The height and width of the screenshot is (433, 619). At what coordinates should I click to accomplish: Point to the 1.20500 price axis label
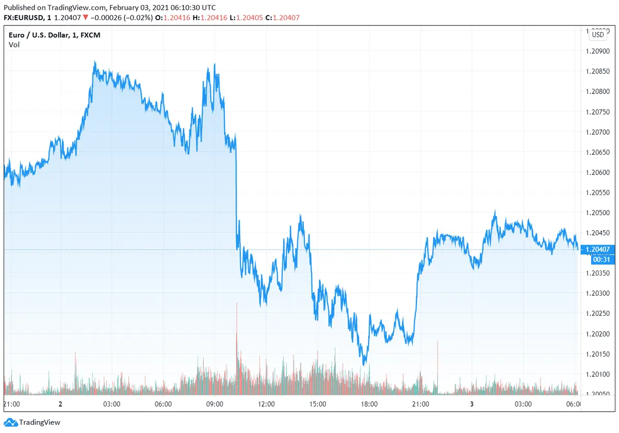point(598,213)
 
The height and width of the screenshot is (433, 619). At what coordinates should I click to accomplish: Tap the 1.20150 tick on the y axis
point(598,354)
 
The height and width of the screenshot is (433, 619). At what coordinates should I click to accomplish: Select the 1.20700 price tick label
point(598,132)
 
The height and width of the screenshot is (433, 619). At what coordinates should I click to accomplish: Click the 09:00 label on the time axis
point(215,404)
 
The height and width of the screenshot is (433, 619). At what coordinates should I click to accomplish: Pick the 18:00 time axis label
point(369,404)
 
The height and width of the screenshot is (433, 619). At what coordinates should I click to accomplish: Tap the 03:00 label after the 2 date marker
point(111,404)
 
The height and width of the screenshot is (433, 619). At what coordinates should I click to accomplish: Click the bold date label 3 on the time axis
point(471,404)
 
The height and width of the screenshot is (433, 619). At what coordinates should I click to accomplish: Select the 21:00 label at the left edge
point(11,404)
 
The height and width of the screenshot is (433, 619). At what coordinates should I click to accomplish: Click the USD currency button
point(598,35)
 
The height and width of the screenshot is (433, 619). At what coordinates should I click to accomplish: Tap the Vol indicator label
point(14,44)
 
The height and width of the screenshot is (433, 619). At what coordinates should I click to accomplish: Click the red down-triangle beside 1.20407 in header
point(85,18)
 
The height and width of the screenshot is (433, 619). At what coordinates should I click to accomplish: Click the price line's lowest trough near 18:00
point(364,364)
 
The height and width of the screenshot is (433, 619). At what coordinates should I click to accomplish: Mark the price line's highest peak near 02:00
point(94,62)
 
